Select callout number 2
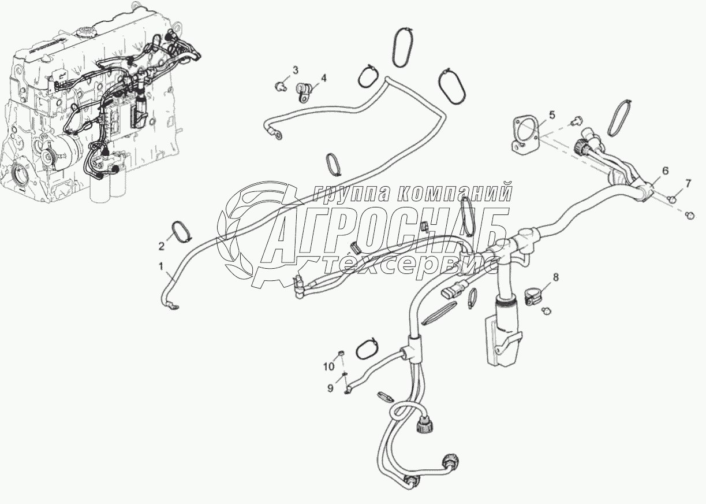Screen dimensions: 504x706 162,246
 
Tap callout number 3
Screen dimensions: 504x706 295,71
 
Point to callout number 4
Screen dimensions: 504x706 323,78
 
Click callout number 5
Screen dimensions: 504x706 552,115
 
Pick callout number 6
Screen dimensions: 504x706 665,171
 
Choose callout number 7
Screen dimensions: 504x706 687,184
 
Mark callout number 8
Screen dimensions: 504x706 555,277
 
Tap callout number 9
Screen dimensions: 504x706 331,389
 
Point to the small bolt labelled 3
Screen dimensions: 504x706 279,86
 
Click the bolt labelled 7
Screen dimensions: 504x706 671,199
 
